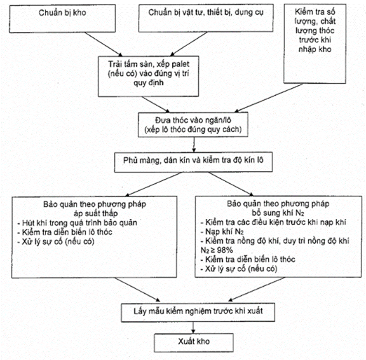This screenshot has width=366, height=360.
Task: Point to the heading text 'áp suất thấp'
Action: (95, 213)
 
